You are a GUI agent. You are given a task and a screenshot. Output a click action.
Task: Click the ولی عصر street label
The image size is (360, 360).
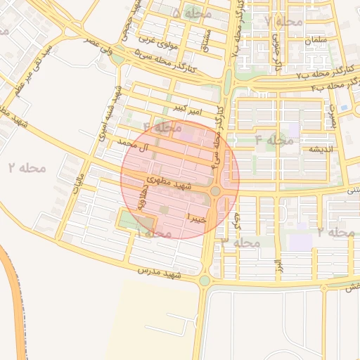click(x=101, y=44)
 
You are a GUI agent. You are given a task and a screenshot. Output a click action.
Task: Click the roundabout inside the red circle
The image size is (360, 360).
click(x=217, y=191)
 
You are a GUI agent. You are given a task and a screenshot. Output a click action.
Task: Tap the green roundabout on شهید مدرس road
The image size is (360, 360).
click(x=204, y=281)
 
